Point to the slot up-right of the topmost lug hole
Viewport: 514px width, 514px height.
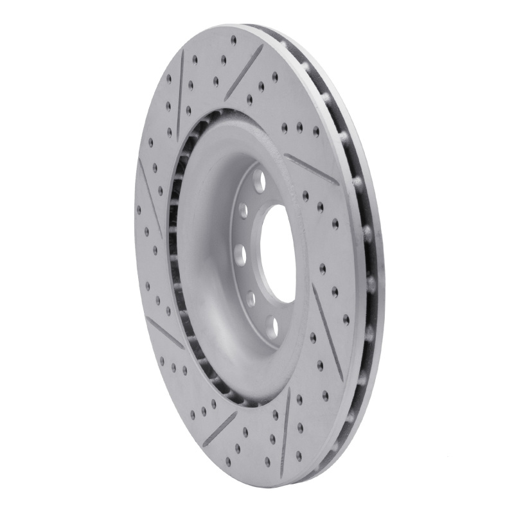[312, 168]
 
